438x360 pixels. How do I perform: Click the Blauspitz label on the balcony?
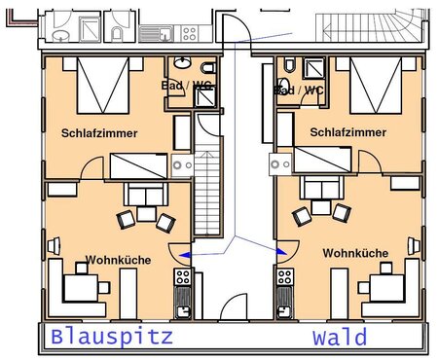pyautogui.click(x=112, y=338)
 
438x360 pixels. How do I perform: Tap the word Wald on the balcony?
pyautogui.click(x=340, y=337)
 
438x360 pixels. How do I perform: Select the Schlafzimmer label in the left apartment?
pyautogui.click(x=99, y=133)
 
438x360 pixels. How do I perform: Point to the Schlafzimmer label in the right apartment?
pyautogui.click(x=348, y=132)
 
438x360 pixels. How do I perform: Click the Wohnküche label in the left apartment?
pyautogui.click(x=119, y=260)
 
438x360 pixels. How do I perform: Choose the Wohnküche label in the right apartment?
pyautogui.click(x=355, y=253)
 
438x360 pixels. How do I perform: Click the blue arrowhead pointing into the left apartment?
pyautogui.click(x=184, y=255)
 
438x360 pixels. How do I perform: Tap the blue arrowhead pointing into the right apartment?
pyautogui.click(x=282, y=251)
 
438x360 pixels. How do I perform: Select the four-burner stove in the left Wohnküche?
pyautogui.click(x=183, y=276)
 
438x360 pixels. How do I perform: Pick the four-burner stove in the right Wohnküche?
pyautogui.click(x=285, y=276)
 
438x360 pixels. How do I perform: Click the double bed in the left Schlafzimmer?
pyautogui.click(x=103, y=86)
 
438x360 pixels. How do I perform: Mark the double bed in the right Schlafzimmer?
pyautogui.click(x=376, y=86)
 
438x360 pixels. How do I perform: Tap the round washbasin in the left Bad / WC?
pyautogui.click(x=182, y=62)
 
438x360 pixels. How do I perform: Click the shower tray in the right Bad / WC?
pyautogui.click(x=313, y=68)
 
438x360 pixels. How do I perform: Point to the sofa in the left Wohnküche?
pyautogui.click(x=146, y=194)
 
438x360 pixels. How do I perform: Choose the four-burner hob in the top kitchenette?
pyautogui.click(x=189, y=34)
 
